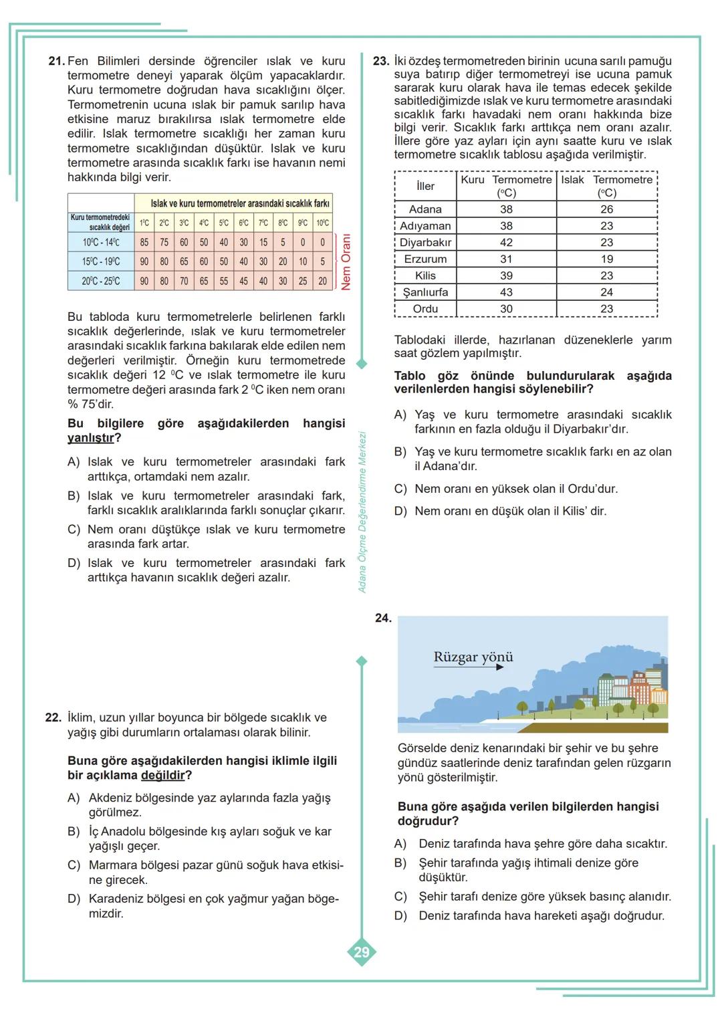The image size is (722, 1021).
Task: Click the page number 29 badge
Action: tap(362, 952)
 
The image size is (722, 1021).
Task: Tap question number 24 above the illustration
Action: tap(383, 618)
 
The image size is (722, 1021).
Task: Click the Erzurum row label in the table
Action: tap(425, 259)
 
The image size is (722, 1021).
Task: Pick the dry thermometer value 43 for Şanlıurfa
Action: tap(506, 292)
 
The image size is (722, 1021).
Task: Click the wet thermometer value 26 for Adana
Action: tap(606, 209)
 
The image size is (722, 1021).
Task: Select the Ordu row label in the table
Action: tap(425, 309)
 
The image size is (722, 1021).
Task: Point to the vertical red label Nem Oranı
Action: tap(346, 261)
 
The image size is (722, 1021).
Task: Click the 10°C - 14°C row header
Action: tap(100, 243)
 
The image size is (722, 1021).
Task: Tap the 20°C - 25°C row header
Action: tap(100, 281)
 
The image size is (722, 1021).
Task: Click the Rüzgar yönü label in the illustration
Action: tap(473, 657)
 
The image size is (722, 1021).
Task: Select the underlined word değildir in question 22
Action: tap(162, 776)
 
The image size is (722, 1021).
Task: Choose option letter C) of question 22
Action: tap(74, 865)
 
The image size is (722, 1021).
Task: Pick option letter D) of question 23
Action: tap(400, 512)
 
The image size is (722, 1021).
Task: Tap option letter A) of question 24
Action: tap(400, 844)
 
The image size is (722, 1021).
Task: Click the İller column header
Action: tap(425, 186)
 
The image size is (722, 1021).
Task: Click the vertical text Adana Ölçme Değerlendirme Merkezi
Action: tap(362, 512)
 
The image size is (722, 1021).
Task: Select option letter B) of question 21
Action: tap(74, 496)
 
